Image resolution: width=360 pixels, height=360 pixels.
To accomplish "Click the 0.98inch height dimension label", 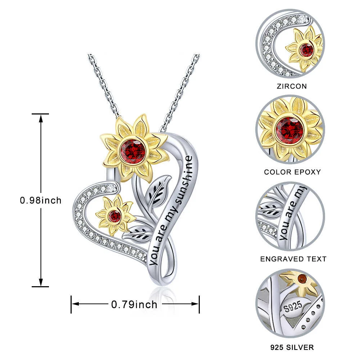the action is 41,201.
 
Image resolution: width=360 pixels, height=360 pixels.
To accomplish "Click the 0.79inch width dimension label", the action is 134,305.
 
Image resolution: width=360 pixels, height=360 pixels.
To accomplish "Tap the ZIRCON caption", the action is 292,86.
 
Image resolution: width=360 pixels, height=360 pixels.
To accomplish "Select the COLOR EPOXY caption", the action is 292,172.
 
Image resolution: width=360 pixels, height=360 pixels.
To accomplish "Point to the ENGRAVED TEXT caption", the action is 293,259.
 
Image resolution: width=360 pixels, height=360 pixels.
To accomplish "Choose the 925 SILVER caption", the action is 292,347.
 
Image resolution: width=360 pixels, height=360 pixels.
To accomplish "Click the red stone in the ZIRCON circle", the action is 307,50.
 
